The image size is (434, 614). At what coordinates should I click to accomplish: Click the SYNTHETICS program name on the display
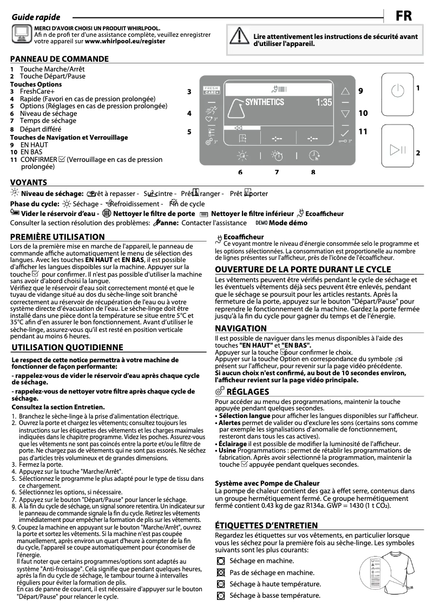tap(264, 102)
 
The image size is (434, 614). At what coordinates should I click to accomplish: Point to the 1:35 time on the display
tap(324, 102)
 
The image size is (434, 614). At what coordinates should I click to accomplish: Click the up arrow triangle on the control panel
tap(345, 92)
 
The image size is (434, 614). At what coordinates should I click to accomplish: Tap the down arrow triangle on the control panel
tap(345, 114)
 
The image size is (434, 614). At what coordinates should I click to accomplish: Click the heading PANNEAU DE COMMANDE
tap(59, 58)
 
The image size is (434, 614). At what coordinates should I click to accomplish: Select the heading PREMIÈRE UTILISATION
tap(57, 237)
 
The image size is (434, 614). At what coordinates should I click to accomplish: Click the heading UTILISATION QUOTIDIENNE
tap(67, 347)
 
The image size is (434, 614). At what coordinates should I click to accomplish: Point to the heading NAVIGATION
tap(241, 328)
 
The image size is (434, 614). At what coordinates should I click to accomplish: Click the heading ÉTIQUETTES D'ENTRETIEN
tap(266, 525)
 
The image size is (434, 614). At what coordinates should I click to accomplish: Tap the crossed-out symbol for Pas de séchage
tap(220, 572)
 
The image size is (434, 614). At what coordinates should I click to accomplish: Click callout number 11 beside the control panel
tap(363, 131)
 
